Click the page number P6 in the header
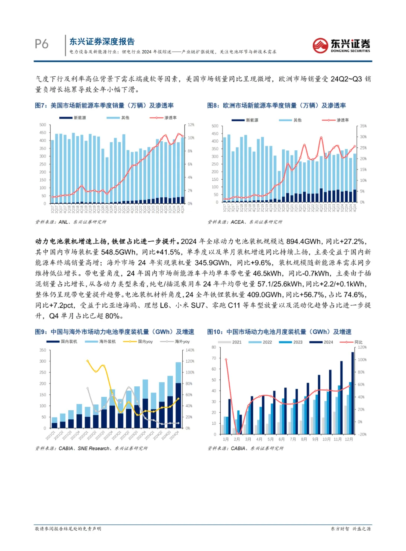[41, 44]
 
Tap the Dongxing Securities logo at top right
[341, 45]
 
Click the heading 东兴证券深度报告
[102, 42]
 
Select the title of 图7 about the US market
[104, 106]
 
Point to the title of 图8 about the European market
[276, 106]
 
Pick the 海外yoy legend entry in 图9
[175, 342]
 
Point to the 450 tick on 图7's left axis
[43, 133]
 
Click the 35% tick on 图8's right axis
[363, 126]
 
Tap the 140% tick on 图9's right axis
[190, 350]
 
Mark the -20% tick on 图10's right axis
[362, 434]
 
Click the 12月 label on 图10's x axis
[349, 439]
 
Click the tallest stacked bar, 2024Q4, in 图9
[178, 395]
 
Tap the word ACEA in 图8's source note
[237, 222]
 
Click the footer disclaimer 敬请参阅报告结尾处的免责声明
[68, 529]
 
